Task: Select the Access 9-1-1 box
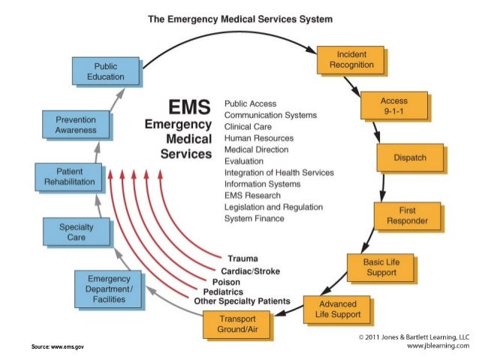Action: pos(393,106)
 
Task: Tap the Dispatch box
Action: pos(410,158)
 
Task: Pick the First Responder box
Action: pos(407,215)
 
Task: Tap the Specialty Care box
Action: pos(77,231)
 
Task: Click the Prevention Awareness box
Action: pos(76,125)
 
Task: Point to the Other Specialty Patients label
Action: pos(242,301)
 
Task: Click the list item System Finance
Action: pos(255,218)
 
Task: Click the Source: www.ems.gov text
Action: pos(57,346)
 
